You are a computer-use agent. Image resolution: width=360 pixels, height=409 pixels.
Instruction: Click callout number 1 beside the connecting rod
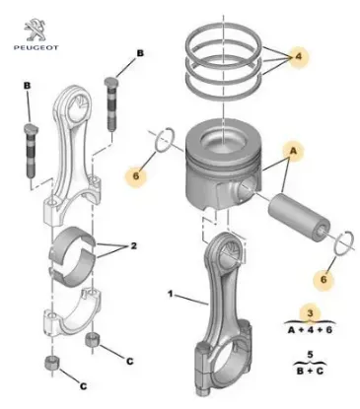click(170, 293)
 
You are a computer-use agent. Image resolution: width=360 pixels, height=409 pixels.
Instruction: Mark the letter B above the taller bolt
click(139, 51)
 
